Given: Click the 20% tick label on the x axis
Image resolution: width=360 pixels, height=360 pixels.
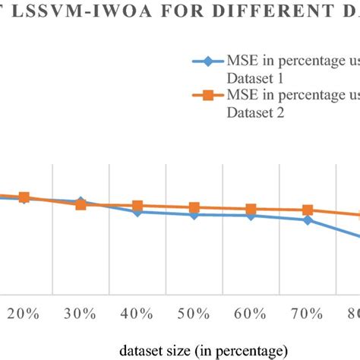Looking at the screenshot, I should [x=24, y=314].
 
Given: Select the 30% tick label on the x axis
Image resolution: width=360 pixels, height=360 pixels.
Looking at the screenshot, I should [x=81, y=314].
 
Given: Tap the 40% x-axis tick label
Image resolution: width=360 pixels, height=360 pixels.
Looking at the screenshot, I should [x=137, y=314].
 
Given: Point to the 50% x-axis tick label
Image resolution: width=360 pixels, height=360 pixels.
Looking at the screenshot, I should [x=194, y=314].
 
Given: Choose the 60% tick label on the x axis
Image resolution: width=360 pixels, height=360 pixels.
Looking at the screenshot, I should [x=251, y=314].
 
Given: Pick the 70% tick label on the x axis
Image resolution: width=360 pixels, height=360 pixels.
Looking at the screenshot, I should [x=308, y=314].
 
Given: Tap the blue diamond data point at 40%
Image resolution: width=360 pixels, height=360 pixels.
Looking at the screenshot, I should [x=137, y=212].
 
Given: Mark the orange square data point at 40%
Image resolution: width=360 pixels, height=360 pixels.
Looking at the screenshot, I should [x=137, y=206].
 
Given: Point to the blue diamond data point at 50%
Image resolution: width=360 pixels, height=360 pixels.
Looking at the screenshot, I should [x=194, y=215].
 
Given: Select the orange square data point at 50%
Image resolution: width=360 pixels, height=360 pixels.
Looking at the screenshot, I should [x=194, y=208].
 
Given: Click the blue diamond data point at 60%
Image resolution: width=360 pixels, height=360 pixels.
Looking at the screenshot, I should [x=251, y=216].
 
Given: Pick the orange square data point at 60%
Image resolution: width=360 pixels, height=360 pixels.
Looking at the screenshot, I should [x=251, y=210].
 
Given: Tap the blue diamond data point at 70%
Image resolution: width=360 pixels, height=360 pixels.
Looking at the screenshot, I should [x=308, y=220].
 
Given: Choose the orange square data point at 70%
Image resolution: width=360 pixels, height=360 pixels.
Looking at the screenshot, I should [x=308, y=210].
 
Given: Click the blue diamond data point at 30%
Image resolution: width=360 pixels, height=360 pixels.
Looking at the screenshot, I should [x=81, y=202].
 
